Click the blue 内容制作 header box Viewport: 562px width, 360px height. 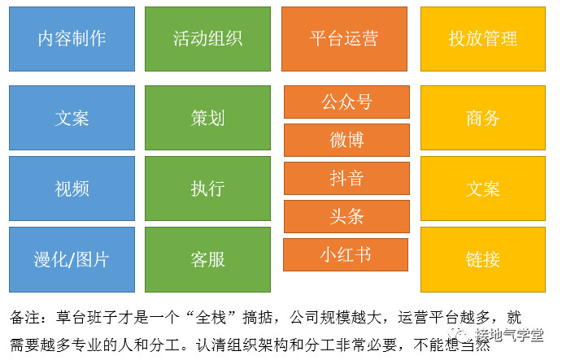coord(72,38)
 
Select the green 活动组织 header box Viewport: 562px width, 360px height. coord(207,38)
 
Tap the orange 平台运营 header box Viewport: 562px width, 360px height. coord(344,38)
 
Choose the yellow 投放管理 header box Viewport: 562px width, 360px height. coord(482,38)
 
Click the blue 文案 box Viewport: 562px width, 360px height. coord(72,118)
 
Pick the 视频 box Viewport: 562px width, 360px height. coord(72,189)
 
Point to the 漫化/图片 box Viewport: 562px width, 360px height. coord(72,259)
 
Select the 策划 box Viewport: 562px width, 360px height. coord(207,118)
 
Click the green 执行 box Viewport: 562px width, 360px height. coord(207,189)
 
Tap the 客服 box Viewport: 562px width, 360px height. coord(207,259)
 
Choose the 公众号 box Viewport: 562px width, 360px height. coord(346,102)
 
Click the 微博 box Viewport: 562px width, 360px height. coord(346,140)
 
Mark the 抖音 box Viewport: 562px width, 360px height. coord(346,178)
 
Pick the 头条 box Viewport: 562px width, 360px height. coord(346,216)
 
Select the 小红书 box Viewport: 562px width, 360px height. coord(346,254)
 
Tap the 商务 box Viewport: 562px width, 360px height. coord(482,118)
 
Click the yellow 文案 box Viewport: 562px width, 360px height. coord(482,189)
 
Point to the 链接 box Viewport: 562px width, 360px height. coord(482,259)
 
